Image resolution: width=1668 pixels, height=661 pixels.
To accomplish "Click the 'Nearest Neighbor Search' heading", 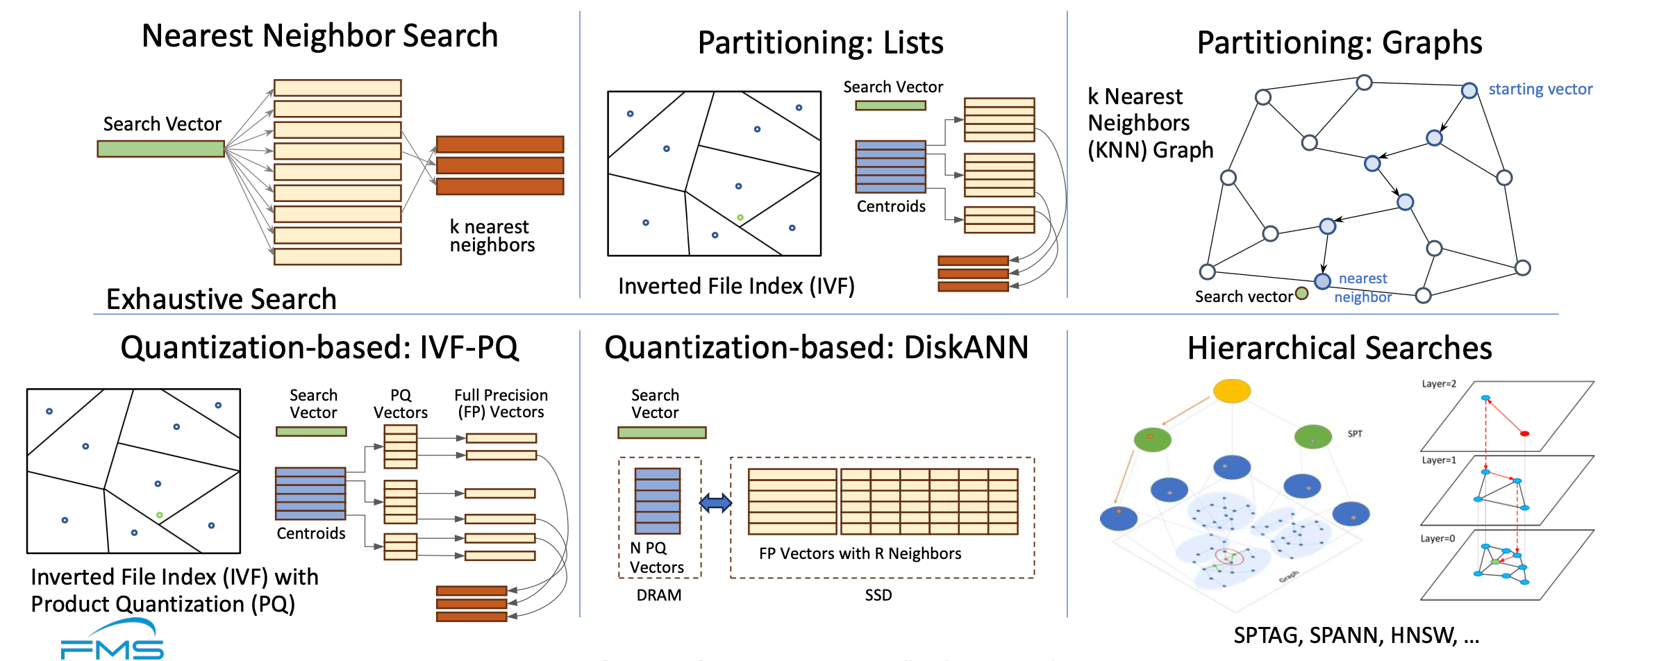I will [x=319, y=36].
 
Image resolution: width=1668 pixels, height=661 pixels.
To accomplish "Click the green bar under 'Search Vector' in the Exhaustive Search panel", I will [x=160, y=149].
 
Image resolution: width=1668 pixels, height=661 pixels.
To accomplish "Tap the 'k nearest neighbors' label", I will [x=492, y=236].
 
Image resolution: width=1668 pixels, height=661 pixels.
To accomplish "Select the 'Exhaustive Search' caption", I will [x=221, y=299].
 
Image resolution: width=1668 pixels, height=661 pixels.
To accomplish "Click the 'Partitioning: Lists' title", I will [x=820, y=43].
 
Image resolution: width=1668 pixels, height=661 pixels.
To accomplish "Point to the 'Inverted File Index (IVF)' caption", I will [x=736, y=286].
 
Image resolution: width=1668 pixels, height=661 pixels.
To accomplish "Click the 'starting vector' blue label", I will [x=1540, y=90].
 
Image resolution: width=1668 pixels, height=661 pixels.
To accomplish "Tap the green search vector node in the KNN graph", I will [x=1302, y=293].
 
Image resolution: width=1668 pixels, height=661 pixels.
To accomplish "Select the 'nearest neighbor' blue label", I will [x=1362, y=287].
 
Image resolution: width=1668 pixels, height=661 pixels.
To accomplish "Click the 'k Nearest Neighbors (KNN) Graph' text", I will [x=1149, y=124].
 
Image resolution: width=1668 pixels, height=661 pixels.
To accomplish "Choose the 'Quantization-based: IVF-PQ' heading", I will [x=319, y=347].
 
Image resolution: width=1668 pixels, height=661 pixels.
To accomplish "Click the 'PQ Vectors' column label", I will [x=400, y=403].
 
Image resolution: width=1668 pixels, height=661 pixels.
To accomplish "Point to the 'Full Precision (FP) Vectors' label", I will [x=501, y=403].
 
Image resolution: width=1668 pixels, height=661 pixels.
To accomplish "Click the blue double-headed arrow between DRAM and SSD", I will [x=715, y=503].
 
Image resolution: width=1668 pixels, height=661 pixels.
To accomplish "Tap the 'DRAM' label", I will [x=658, y=595].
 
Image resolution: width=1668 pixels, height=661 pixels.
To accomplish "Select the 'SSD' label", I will [x=878, y=595].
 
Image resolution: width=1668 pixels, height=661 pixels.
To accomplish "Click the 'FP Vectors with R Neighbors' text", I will [x=860, y=553].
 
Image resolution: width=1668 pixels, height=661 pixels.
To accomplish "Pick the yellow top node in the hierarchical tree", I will [x=1232, y=391].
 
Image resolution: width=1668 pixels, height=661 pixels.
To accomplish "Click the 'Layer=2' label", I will [x=1439, y=384].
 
